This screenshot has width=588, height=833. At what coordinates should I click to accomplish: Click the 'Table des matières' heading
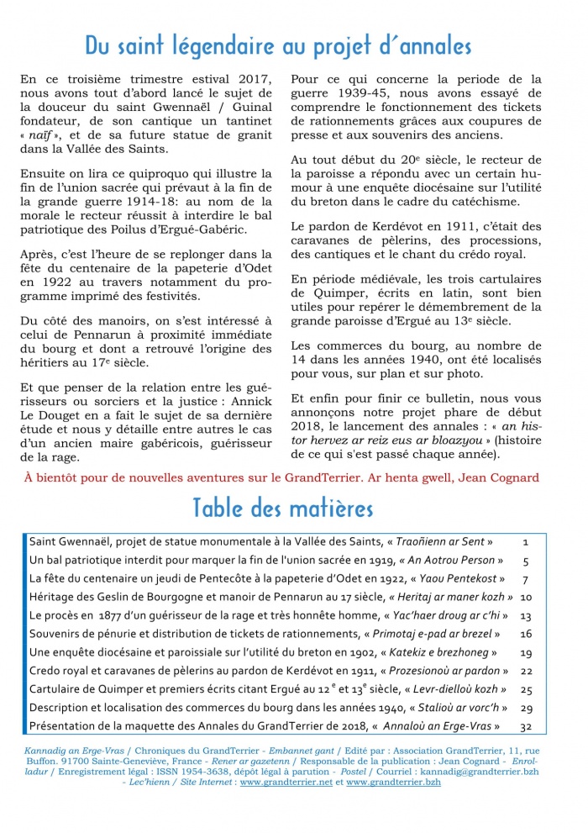pyautogui.click(x=283, y=508)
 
